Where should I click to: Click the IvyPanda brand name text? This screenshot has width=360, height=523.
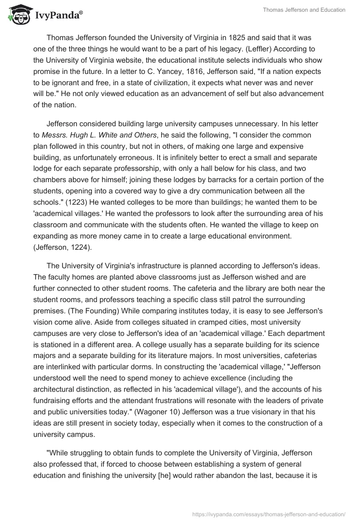[x=57, y=16]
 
